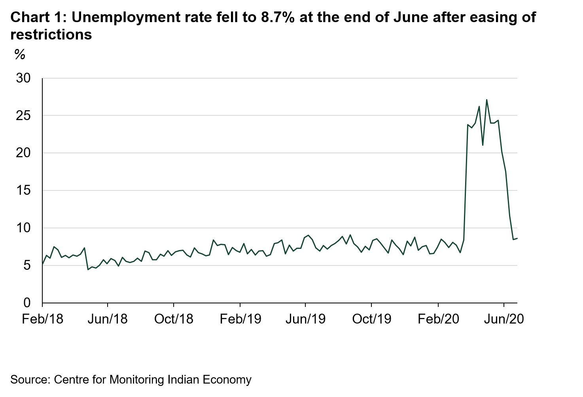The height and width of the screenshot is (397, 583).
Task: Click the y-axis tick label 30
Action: click(x=23, y=78)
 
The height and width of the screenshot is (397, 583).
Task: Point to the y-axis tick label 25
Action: click(x=23, y=116)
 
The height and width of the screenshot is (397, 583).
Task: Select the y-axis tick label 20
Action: click(x=23, y=153)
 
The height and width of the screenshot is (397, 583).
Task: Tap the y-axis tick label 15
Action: click(x=23, y=190)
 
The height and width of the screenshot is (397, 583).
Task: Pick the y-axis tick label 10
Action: click(x=23, y=228)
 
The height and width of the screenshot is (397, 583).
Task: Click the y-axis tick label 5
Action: click(x=27, y=265)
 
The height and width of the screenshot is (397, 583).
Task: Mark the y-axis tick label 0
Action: click(x=27, y=303)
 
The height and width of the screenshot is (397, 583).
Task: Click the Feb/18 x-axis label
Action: click(x=42, y=319)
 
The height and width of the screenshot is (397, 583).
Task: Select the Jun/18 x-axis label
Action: click(x=108, y=319)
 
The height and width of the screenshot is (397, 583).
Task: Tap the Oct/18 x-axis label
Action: click(x=174, y=319)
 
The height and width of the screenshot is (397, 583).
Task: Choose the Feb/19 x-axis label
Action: click(x=240, y=319)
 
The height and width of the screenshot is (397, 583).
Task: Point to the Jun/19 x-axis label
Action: click(x=305, y=319)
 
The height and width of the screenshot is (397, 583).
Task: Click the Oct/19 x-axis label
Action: click(x=371, y=319)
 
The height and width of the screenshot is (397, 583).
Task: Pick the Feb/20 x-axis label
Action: click(x=438, y=319)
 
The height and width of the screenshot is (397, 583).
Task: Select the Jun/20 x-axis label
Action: click(x=503, y=319)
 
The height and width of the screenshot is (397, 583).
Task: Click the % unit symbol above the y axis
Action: click(x=20, y=55)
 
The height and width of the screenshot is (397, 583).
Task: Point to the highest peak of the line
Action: click(x=486, y=100)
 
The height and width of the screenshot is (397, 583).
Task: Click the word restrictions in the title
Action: click(x=51, y=35)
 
